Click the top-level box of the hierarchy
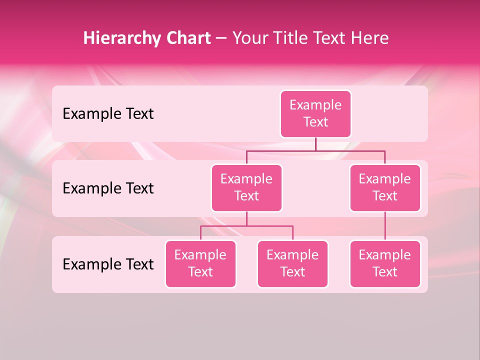[x=315, y=113]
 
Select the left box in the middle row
[x=246, y=187]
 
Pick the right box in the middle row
[x=385, y=187]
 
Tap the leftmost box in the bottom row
[x=200, y=263]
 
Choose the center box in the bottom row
[x=292, y=263]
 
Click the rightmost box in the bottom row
[x=385, y=263]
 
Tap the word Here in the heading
[x=370, y=38]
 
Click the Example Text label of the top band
[x=108, y=113]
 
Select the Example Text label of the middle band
[x=108, y=188]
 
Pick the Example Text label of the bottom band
[x=108, y=264]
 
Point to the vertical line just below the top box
[x=315, y=144]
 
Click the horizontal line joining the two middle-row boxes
[x=315, y=150]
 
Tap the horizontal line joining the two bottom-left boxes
[x=246, y=226]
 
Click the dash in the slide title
[x=221, y=38]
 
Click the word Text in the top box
[x=315, y=122]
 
